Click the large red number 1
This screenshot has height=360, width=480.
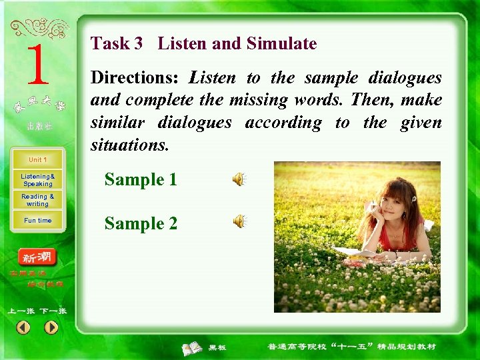(x=37, y=65)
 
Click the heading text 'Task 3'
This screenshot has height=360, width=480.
(x=116, y=44)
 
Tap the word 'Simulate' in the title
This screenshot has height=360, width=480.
(x=281, y=44)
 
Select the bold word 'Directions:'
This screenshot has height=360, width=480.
(x=134, y=78)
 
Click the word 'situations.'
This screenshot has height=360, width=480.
(x=129, y=145)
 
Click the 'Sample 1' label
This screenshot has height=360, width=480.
(x=141, y=179)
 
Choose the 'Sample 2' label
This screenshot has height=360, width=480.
(x=141, y=223)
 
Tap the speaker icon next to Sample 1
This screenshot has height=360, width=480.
(x=238, y=179)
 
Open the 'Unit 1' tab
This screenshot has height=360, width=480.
(x=37, y=160)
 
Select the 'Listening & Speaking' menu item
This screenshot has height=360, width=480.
(x=37, y=180)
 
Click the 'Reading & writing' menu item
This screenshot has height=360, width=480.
(x=37, y=200)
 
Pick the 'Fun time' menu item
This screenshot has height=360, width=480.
(x=37, y=221)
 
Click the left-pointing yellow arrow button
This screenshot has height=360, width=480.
(x=23, y=327)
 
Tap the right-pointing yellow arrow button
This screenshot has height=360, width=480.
(x=51, y=327)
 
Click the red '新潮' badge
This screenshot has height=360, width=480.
(x=37, y=257)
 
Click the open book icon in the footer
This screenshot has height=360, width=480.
(x=193, y=347)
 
